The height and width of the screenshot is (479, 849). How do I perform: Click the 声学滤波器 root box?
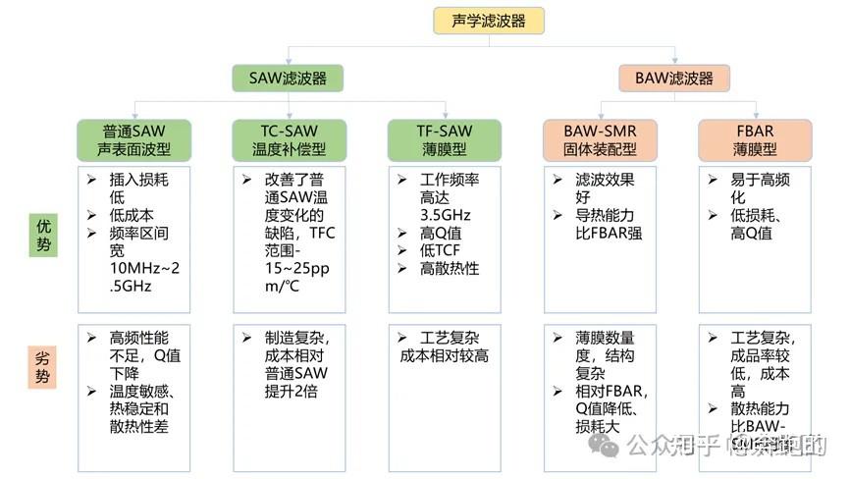click(488, 21)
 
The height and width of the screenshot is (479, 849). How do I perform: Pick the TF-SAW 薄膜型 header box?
click(444, 140)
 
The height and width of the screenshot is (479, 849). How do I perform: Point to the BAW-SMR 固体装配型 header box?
click(600, 140)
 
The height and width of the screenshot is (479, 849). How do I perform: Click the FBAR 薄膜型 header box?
click(755, 140)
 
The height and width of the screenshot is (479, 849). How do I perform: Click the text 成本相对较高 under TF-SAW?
click(444, 356)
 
